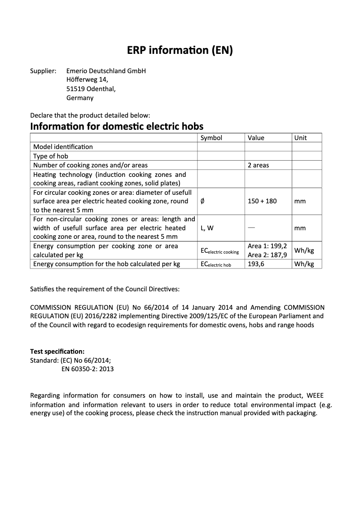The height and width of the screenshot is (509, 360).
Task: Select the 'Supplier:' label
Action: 43,71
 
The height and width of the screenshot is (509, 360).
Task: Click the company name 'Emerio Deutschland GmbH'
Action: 106,71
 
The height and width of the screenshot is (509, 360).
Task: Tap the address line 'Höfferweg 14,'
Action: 87,80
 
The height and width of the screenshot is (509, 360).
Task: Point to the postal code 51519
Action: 75,89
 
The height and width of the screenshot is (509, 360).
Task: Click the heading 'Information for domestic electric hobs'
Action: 117,126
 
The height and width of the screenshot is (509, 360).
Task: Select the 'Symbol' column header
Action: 211,138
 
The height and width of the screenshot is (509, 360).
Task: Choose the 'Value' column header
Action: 256,138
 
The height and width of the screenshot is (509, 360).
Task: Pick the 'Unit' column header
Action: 300,138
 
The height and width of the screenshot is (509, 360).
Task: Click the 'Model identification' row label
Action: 63,147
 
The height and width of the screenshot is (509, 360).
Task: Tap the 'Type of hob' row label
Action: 51,156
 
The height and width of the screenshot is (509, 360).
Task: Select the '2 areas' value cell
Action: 258,165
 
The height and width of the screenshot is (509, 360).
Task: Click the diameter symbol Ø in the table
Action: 202,201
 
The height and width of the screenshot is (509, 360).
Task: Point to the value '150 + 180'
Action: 262,201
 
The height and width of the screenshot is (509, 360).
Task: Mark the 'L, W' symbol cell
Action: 207,228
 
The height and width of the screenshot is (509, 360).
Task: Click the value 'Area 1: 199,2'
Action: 267,246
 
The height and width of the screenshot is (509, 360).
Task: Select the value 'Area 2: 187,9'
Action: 267,255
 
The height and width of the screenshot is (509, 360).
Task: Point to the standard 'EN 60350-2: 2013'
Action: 87,369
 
